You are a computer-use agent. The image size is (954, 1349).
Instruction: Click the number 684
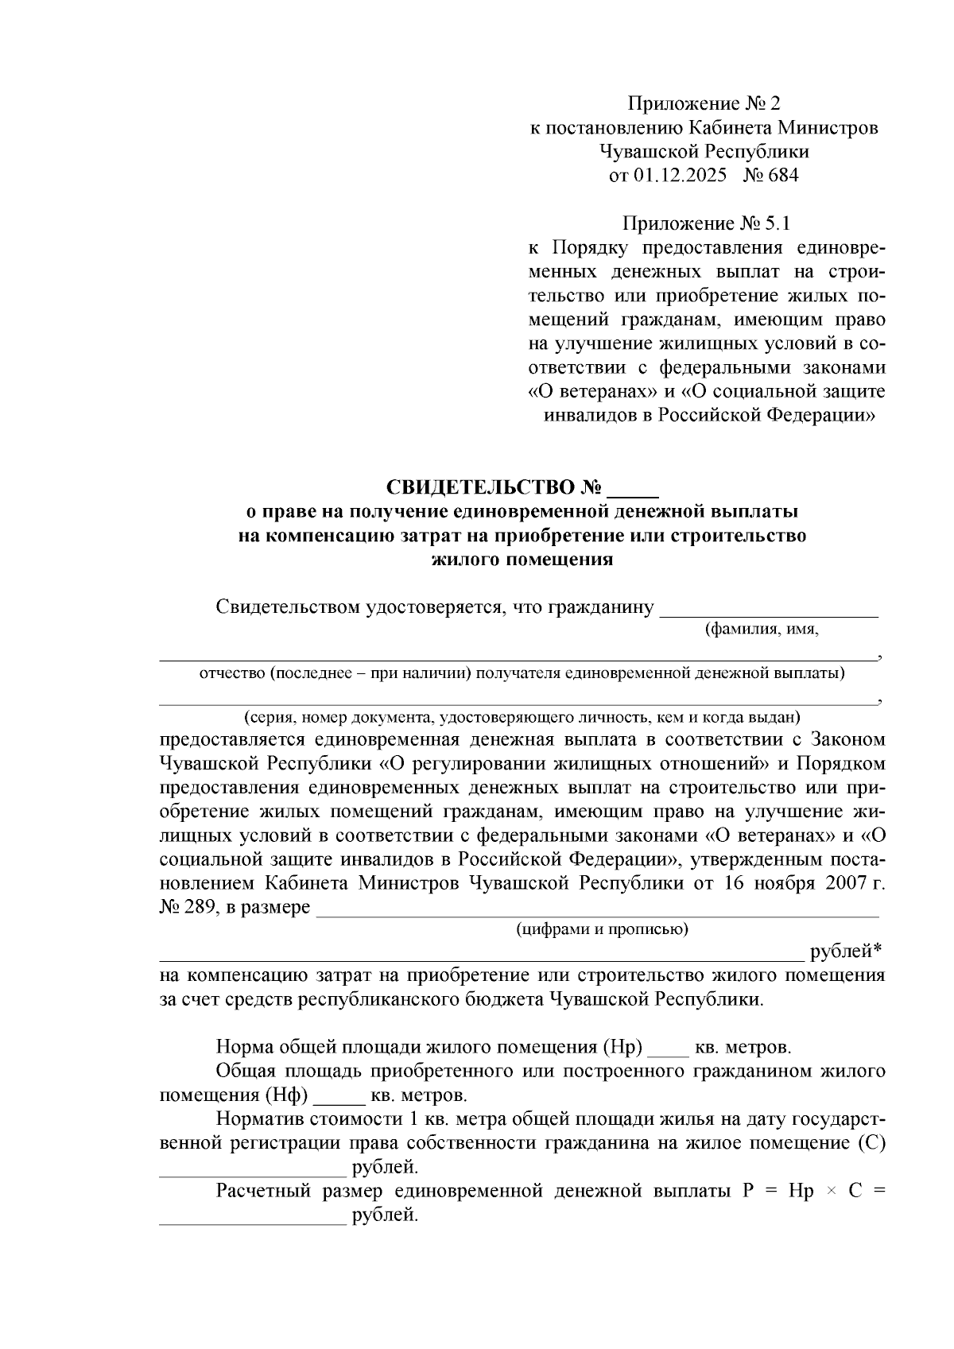pyautogui.click(x=782, y=176)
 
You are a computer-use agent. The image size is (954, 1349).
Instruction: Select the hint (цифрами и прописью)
pyautogui.click(x=602, y=928)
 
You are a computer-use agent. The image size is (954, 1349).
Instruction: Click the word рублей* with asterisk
pyautogui.click(x=846, y=952)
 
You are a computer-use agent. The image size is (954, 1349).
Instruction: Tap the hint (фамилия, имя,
pyautogui.click(x=762, y=630)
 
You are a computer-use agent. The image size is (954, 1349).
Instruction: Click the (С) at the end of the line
pyautogui.click(x=873, y=1144)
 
